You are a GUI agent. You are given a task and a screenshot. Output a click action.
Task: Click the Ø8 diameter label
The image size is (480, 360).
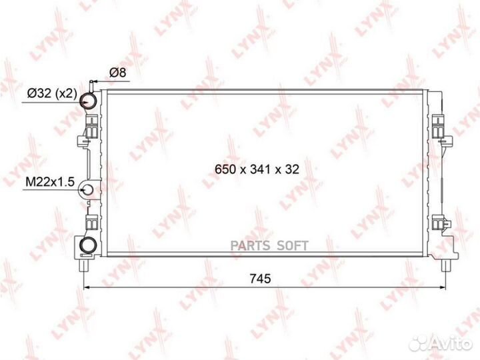coord(117,73)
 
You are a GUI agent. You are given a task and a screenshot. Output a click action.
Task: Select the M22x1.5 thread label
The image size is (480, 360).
coord(49,181)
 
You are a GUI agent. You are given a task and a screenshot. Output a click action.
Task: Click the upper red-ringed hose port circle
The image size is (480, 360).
coord(88,101)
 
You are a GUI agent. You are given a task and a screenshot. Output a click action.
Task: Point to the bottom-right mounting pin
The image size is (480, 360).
coord(445,265)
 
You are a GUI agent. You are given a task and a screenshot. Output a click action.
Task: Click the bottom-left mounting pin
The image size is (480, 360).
coord(83,265)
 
